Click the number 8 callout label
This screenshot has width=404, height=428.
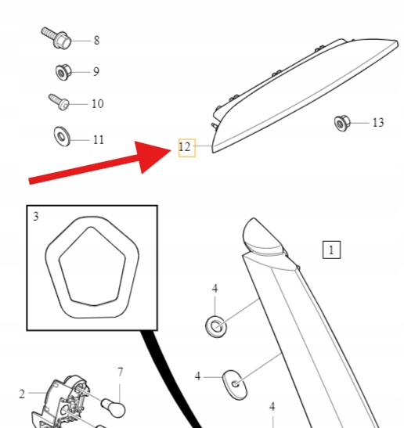96,40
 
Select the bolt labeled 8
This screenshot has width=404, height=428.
56,38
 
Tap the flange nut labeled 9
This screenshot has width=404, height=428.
63,72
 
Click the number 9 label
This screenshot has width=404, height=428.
96,71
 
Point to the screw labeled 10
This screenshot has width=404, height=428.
59,102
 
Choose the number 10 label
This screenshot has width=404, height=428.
98,104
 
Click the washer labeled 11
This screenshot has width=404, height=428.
62,136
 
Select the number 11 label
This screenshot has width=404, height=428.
99,140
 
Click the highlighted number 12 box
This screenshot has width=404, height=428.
187,148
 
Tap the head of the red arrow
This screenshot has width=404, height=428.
152,156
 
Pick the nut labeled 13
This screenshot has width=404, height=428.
342,124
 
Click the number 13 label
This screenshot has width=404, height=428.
378,123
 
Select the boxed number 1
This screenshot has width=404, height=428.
331,250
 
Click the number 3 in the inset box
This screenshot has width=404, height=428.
36,217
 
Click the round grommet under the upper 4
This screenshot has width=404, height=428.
216,326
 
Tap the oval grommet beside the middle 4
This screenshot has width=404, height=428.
235,385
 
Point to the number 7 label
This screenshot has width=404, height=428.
121,372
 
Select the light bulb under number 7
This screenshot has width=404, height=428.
114,408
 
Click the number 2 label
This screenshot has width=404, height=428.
22,394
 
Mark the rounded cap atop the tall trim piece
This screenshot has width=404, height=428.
262,235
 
